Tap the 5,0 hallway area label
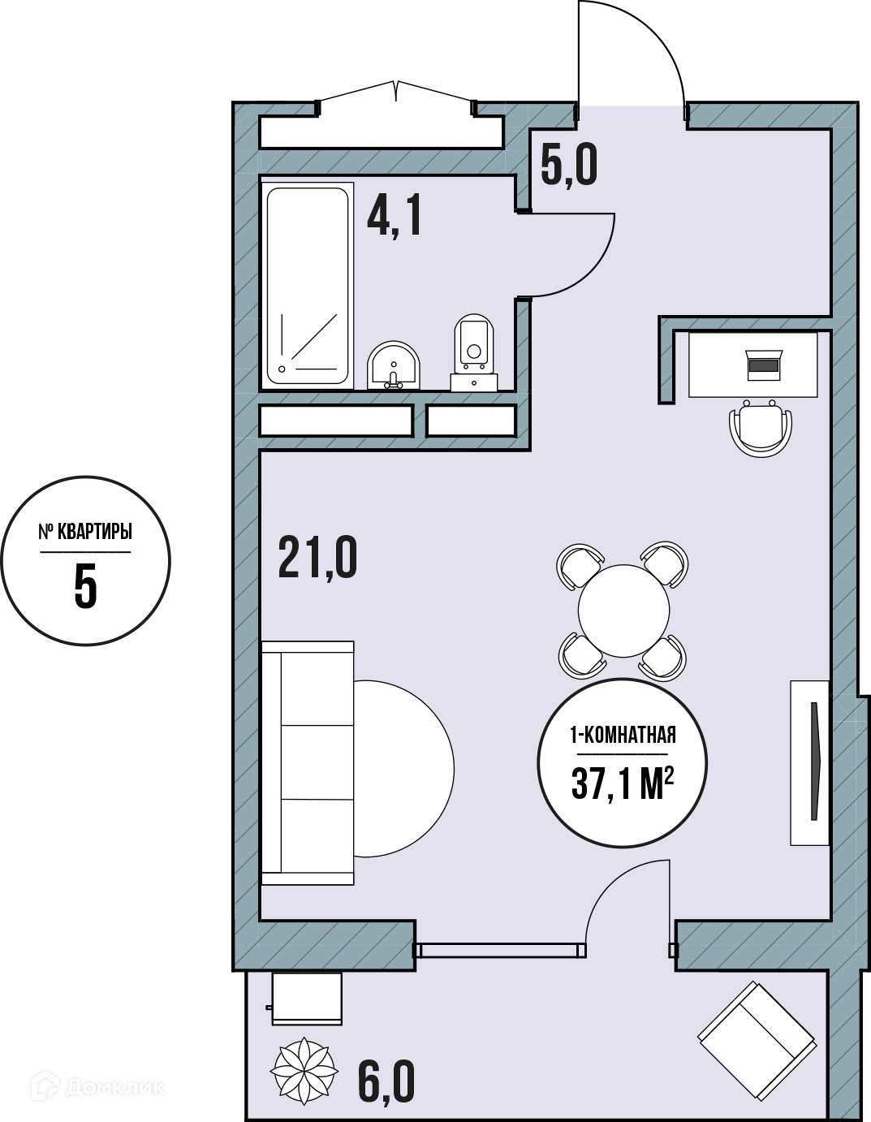click(x=569, y=166)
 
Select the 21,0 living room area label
click(x=317, y=558)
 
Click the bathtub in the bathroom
click(x=308, y=286)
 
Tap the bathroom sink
click(x=393, y=365)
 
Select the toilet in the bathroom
click(x=474, y=352)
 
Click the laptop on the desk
click(x=764, y=365)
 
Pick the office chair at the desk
click(x=760, y=428)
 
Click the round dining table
click(x=623, y=611)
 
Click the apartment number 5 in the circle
click(x=86, y=585)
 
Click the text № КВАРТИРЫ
click(x=85, y=532)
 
